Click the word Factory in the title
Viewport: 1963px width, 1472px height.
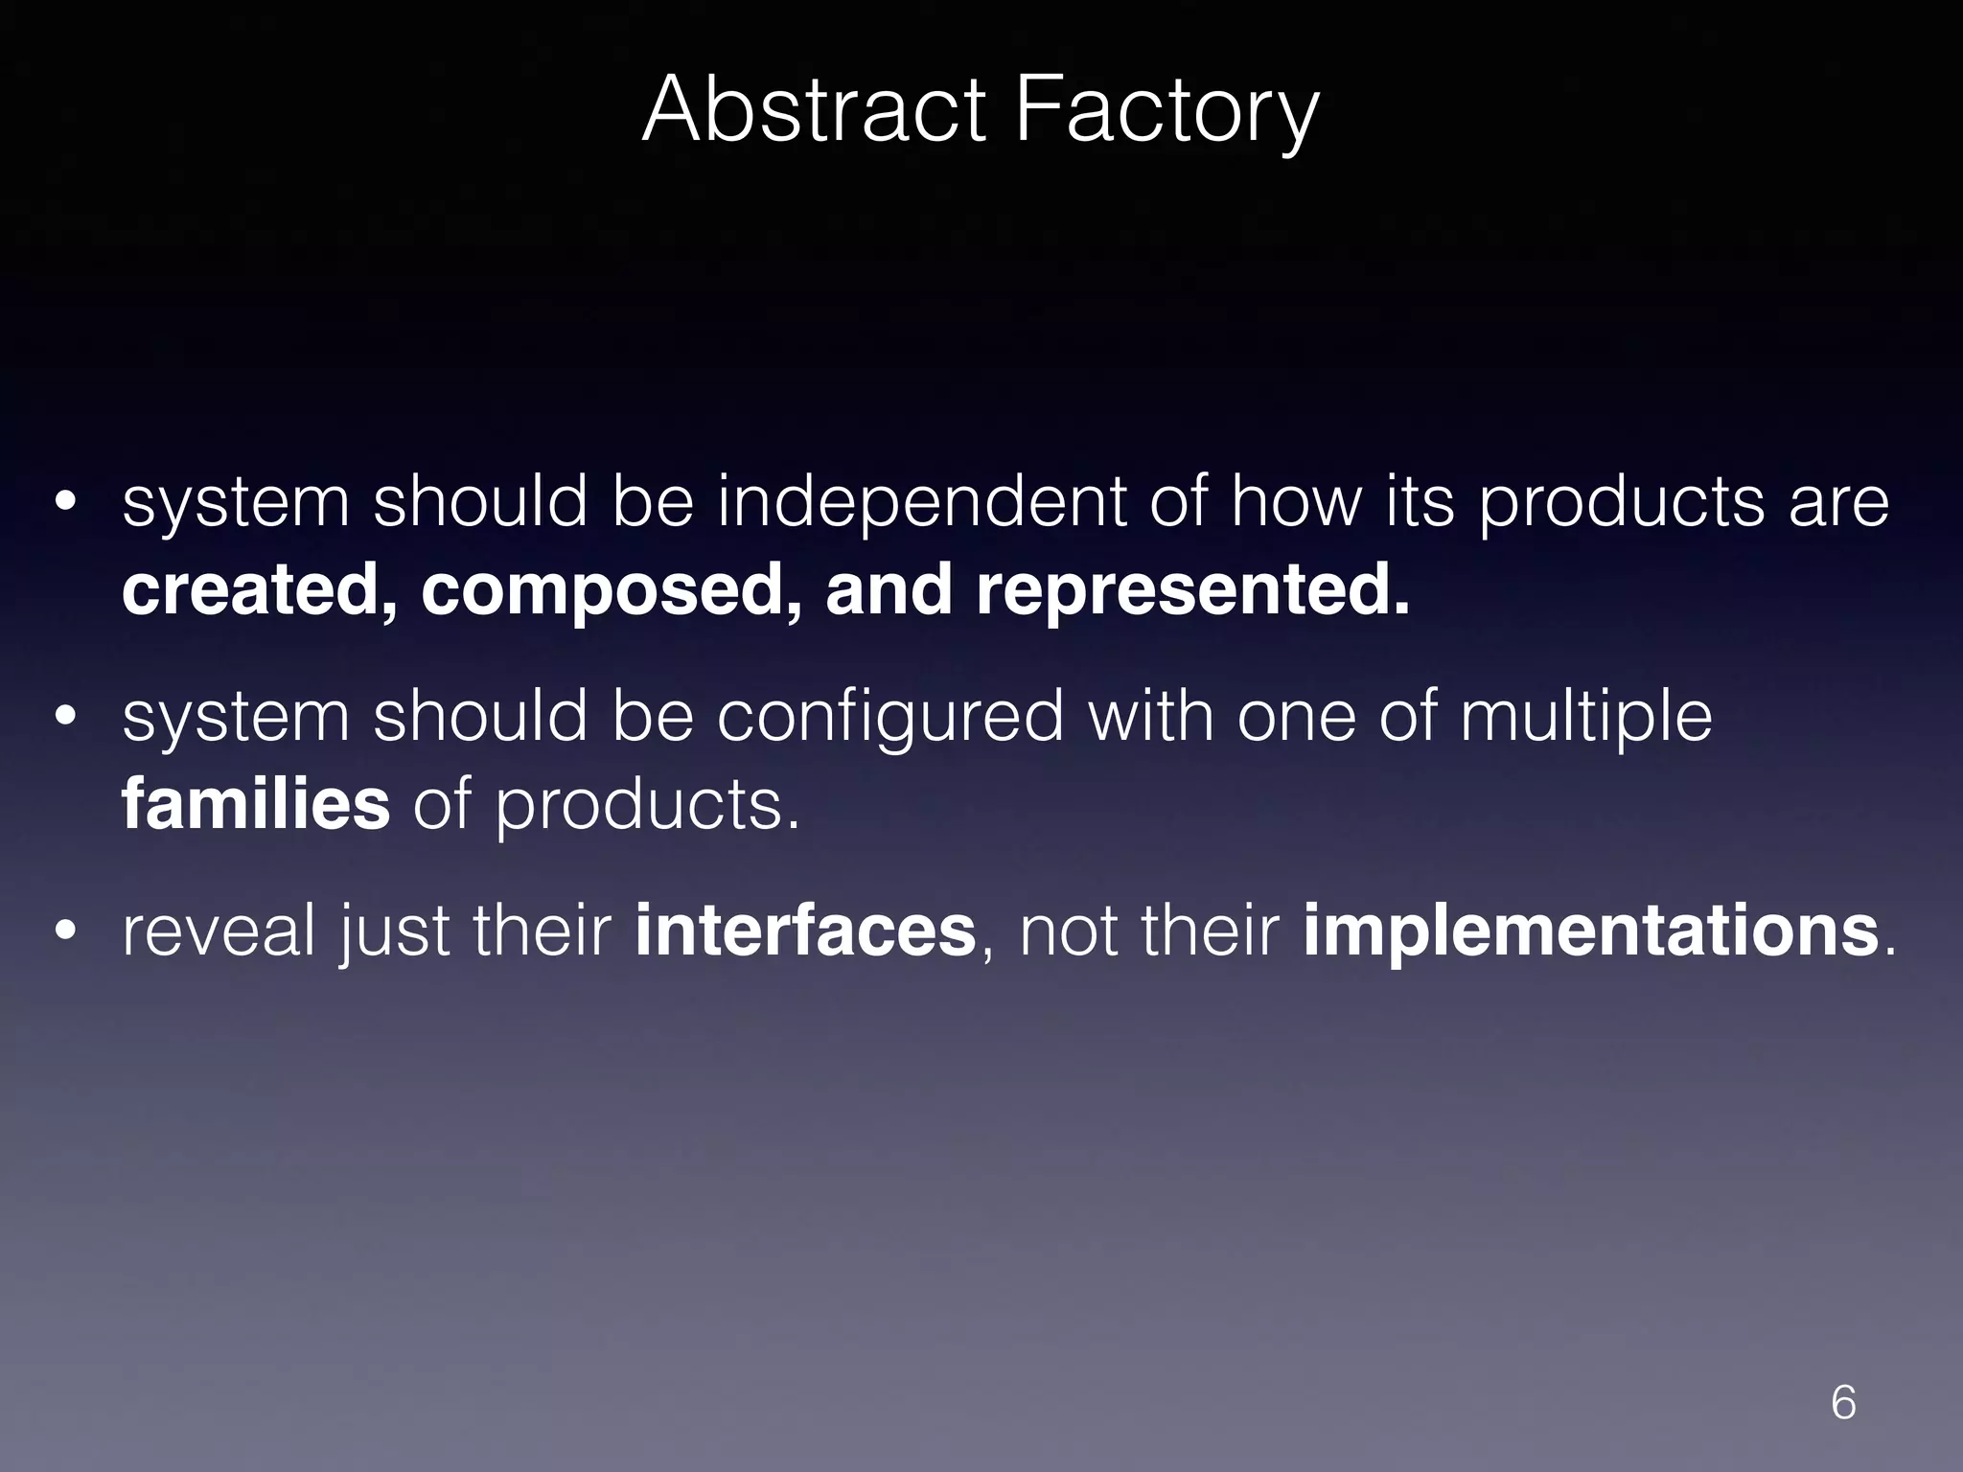(x=1166, y=113)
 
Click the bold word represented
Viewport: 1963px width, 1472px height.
(x=1192, y=592)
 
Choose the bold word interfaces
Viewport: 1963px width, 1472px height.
(x=805, y=931)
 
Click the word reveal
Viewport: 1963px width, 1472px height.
(x=219, y=931)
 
